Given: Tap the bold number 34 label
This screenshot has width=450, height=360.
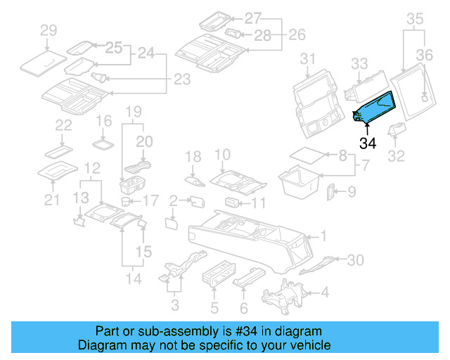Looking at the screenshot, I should coord(368,144).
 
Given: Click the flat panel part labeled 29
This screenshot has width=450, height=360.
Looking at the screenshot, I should coord(43,61).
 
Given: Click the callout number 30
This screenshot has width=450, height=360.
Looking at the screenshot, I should coord(356,260).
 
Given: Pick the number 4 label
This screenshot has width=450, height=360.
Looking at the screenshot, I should coord(324,292).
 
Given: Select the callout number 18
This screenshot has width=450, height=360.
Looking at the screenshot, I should coord(193,155).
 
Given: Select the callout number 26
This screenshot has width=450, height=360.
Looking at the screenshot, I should coord(297,34).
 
